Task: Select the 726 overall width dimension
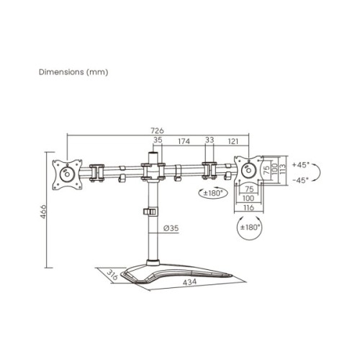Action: point(156,130)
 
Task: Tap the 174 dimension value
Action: point(184,142)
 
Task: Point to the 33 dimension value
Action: point(210,142)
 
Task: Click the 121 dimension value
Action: point(234,142)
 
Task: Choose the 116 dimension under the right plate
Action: point(248,207)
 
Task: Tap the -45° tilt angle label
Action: point(300,180)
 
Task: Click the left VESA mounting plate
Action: point(68,174)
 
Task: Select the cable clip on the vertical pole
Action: point(150,212)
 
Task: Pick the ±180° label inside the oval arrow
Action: point(249,227)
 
